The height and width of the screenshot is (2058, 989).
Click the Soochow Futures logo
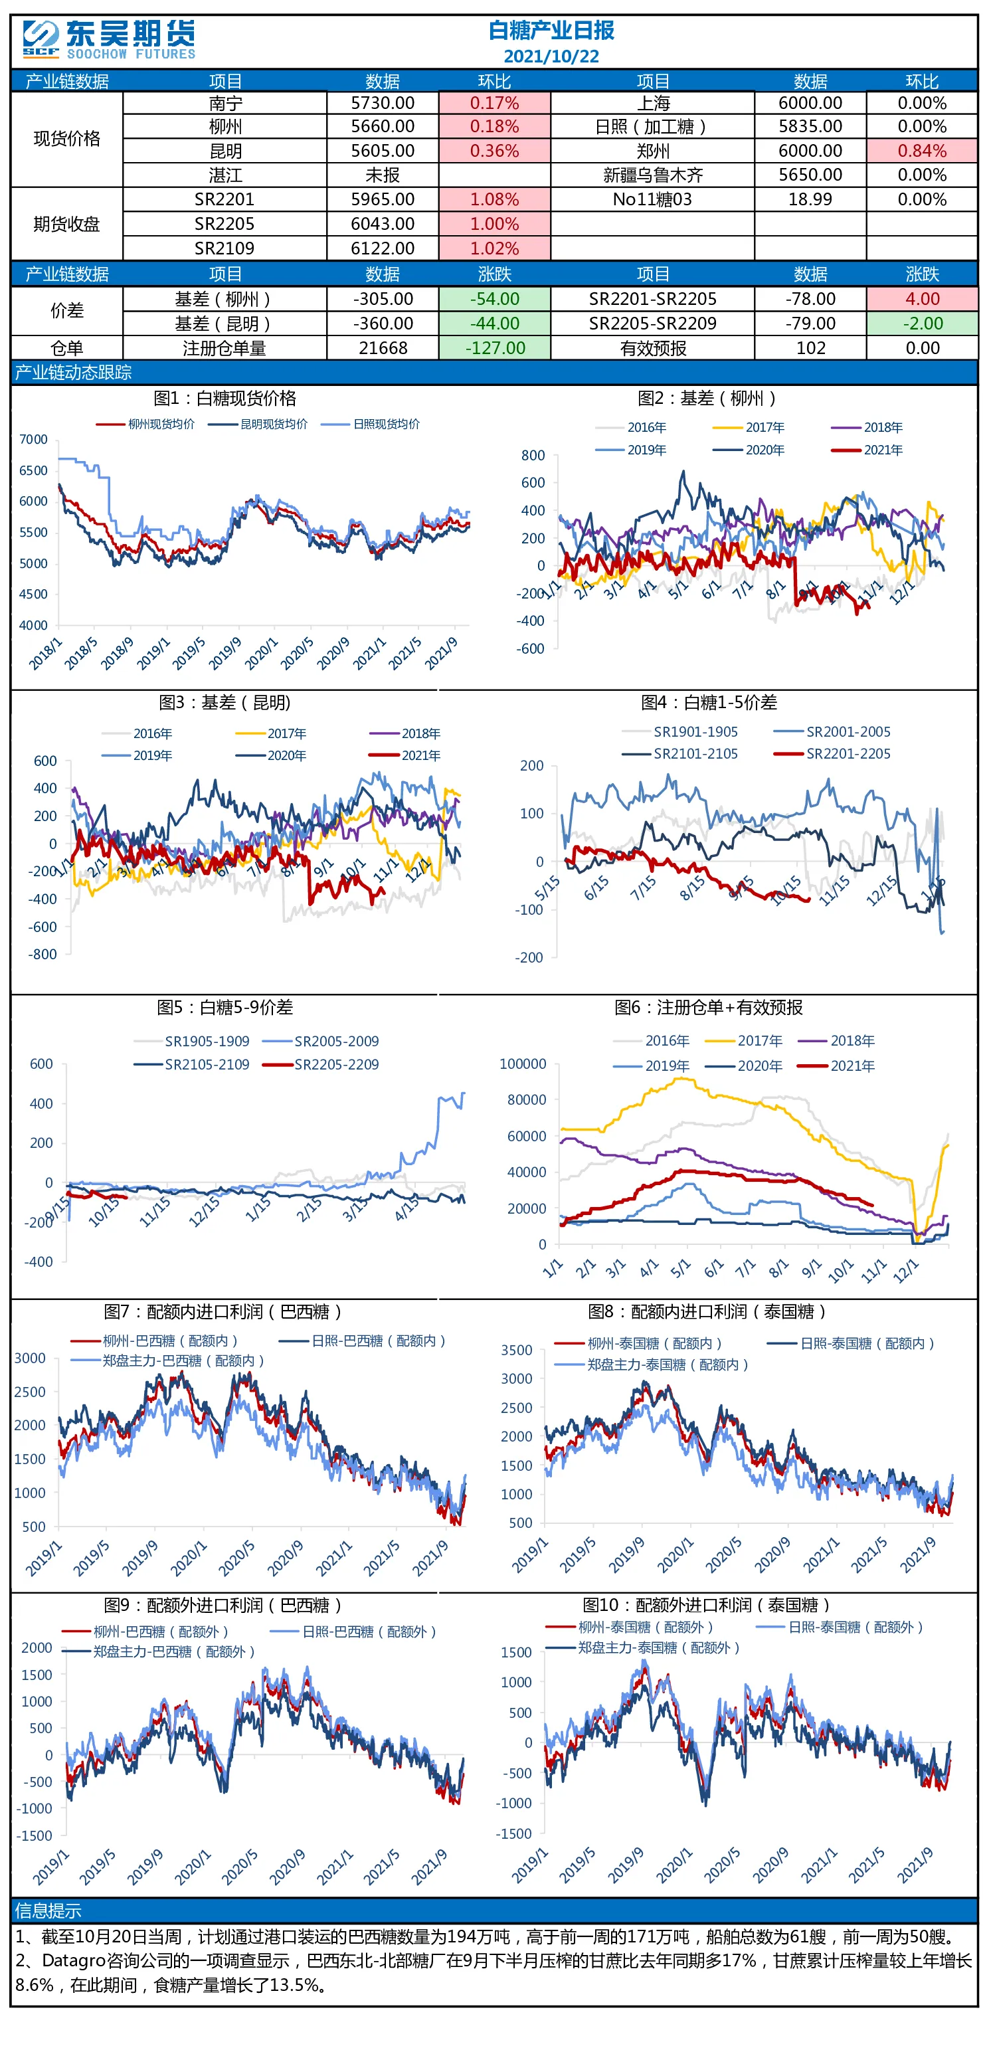coord(109,40)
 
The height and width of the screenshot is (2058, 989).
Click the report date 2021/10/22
coord(551,56)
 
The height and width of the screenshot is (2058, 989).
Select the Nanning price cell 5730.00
coord(383,103)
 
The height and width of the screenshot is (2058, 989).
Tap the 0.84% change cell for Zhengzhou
coord(922,151)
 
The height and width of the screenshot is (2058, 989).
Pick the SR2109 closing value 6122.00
coord(383,248)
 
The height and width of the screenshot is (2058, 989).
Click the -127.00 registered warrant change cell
coord(494,348)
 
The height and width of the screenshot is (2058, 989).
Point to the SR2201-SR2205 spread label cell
coord(653,299)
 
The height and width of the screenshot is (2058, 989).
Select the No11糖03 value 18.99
coord(810,200)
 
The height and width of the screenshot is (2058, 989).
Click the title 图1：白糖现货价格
coord(225,399)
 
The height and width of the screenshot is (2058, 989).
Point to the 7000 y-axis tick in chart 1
coord(34,439)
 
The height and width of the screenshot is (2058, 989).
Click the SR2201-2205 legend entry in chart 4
coord(832,753)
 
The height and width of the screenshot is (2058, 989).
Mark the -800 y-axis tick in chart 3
coord(43,955)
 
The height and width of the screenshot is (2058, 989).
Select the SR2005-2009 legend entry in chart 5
coord(321,1042)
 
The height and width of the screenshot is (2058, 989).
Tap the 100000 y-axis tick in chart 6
coord(523,1064)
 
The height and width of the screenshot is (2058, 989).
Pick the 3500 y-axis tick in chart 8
coord(516,1350)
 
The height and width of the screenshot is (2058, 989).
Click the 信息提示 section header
coord(48,1911)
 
